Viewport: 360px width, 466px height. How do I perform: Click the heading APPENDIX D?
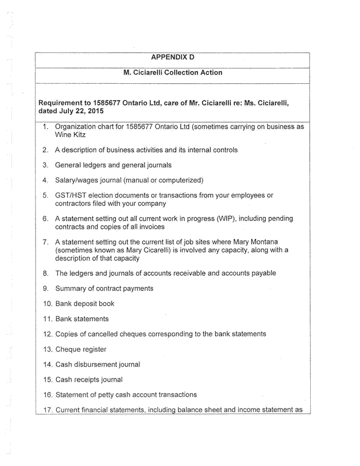point(172,57)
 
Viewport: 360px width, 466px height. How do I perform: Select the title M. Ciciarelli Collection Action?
point(172,72)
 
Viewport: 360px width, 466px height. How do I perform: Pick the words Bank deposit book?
point(85,303)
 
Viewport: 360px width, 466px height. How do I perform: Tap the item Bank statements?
point(82,319)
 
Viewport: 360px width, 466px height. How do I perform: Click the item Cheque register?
point(81,349)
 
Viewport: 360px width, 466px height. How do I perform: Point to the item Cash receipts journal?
point(89,379)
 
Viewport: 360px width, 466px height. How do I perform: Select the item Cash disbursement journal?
point(97,364)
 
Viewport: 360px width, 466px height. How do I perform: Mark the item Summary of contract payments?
point(104,288)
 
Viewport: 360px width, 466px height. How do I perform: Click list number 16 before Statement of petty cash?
point(47,394)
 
